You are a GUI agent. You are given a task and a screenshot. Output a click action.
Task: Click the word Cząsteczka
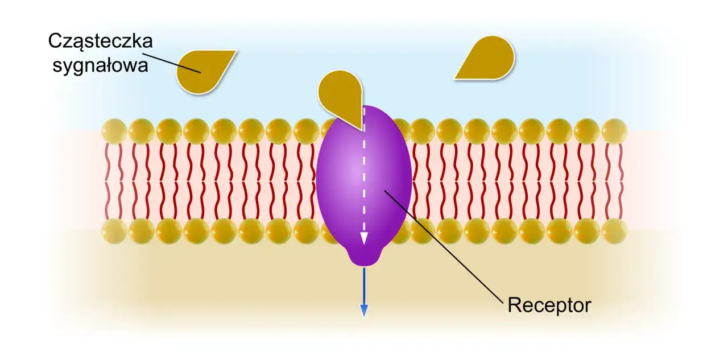coord(101,42)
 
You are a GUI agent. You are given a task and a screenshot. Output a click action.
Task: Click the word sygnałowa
coord(101,66)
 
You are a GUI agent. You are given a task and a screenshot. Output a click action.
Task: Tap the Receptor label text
coord(549,305)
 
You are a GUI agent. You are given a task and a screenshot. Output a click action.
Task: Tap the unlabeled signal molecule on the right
coord(488,59)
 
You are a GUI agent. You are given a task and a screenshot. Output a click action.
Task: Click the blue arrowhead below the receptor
coord(364,311)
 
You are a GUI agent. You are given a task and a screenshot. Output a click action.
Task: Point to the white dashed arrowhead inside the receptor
coord(364,238)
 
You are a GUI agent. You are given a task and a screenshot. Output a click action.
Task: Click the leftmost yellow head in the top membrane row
coord(114,131)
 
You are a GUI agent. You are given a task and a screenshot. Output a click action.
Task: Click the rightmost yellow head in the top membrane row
coord(614,131)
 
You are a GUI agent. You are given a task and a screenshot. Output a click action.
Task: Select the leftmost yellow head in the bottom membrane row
coord(114,231)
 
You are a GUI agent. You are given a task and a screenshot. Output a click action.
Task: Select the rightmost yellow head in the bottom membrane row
coord(614,231)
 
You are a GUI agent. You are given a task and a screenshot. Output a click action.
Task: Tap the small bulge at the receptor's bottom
coord(363,258)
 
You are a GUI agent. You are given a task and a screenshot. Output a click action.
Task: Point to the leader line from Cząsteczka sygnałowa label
coord(171,63)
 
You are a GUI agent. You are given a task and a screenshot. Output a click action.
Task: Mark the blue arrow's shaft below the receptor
coord(364,286)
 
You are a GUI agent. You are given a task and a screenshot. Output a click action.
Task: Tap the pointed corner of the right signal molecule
coord(455,78)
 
